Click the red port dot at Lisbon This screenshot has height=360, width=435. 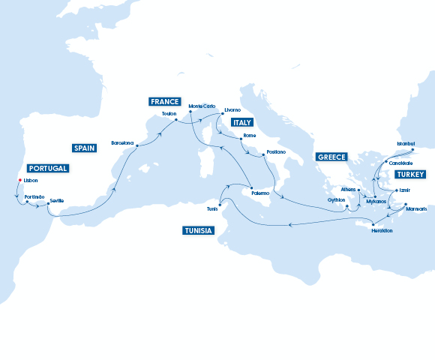coord(20,180)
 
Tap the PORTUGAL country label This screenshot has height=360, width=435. coord(48,168)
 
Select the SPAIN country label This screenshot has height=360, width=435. coord(84,148)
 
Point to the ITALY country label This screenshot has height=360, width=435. coord(242,121)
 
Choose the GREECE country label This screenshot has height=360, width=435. coord(331,157)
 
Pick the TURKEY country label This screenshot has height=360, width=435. coord(410,174)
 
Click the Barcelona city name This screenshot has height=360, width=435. coord(122,142)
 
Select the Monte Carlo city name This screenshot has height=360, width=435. coord(201,106)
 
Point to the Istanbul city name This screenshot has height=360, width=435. coord(406,142)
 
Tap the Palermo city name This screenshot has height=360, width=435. coord(260,193)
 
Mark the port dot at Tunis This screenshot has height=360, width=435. coord(219,205)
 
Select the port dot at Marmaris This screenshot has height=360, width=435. coord(405,204)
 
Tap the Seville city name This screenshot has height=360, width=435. coord(57,199)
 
